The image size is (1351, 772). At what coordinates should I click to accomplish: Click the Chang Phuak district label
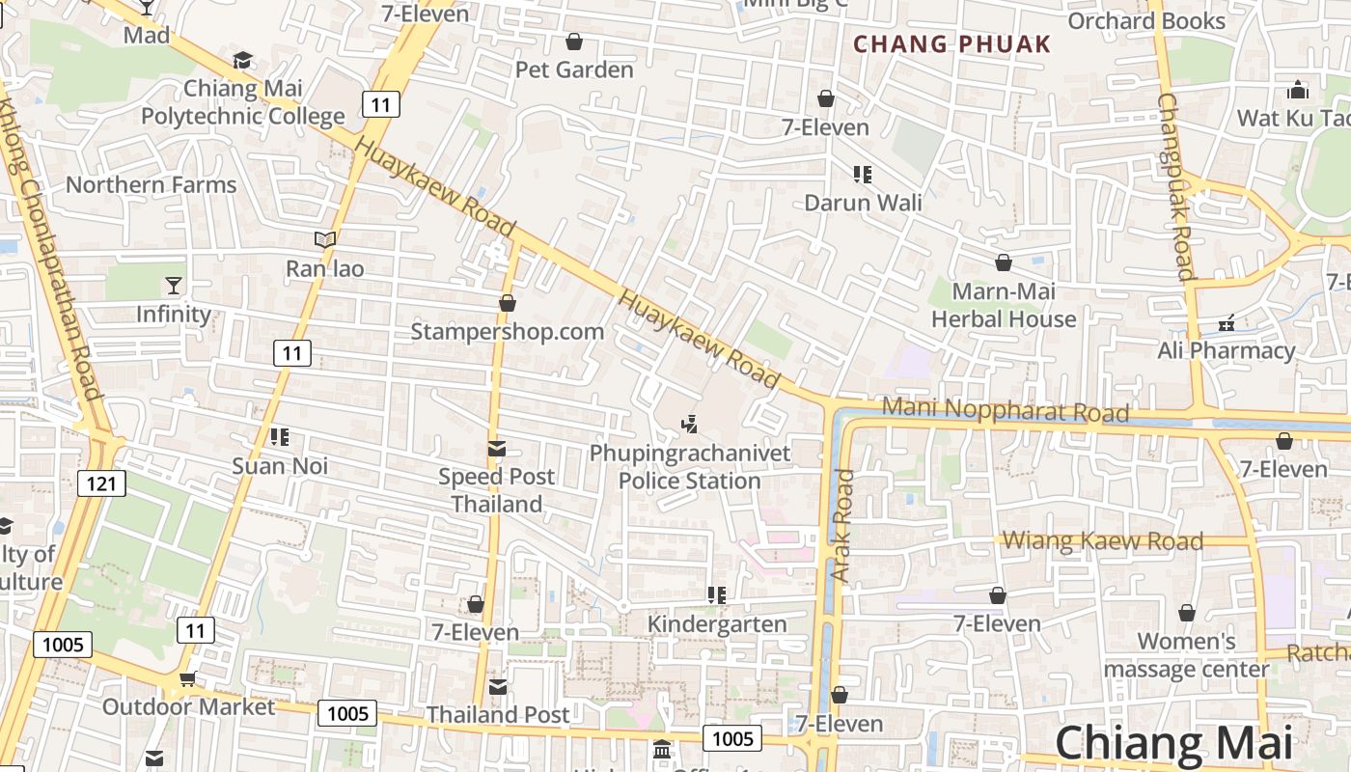click(x=951, y=43)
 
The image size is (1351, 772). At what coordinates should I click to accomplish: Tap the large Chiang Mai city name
click(x=1172, y=743)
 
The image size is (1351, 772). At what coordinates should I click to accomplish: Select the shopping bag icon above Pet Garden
click(x=574, y=41)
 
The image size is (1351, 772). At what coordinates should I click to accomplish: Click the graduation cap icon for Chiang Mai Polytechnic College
click(x=242, y=61)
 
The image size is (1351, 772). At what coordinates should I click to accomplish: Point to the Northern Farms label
click(x=151, y=184)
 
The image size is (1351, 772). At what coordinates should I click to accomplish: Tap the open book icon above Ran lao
click(x=325, y=239)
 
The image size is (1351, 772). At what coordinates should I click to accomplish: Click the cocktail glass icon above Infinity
click(x=174, y=285)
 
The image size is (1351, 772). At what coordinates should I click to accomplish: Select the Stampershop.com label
click(x=508, y=331)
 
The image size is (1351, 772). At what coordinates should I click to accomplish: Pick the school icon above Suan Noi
click(x=280, y=437)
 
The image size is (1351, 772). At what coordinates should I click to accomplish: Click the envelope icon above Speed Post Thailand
click(x=497, y=448)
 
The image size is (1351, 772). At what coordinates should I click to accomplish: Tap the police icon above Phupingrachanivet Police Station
click(x=689, y=424)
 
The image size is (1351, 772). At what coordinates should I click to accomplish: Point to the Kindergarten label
click(x=717, y=623)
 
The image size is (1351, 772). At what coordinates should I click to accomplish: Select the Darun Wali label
click(x=863, y=203)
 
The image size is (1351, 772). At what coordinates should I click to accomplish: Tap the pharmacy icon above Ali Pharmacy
click(x=1227, y=322)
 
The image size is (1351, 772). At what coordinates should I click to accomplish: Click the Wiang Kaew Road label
click(x=1103, y=540)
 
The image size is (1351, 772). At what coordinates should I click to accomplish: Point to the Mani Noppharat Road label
click(x=1006, y=409)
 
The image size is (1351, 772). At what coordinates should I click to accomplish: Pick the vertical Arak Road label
click(x=842, y=526)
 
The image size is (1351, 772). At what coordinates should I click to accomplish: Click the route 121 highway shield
click(x=101, y=482)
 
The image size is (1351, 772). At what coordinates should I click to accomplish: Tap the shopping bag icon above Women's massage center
click(x=1187, y=613)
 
